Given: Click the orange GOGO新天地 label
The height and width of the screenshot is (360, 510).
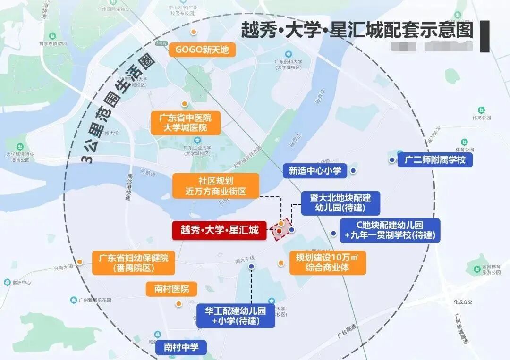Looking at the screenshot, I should (x=202, y=49).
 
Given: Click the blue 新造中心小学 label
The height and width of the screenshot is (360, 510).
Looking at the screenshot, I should (x=315, y=170).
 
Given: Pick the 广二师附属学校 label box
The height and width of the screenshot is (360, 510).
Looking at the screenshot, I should (x=435, y=160).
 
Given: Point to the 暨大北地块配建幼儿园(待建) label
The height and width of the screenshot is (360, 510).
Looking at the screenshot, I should (x=340, y=202).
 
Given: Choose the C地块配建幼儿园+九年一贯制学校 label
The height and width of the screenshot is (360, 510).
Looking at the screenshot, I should (x=390, y=230).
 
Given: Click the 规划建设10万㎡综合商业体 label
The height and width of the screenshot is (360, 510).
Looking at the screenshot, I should (x=327, y=263).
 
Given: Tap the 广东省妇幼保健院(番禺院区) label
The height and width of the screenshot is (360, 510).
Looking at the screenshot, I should (x=134, y=263).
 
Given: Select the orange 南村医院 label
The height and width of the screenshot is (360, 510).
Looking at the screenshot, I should (x=171, y=289).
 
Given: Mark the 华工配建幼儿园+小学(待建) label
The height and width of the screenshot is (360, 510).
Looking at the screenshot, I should (x=235, y=316).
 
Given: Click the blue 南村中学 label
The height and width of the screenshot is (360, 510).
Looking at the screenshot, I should (x=181, y=348).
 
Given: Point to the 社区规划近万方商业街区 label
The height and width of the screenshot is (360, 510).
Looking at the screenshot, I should (x=216, y=186).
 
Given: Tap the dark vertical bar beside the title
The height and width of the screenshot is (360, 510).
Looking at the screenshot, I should (x=484, y=36).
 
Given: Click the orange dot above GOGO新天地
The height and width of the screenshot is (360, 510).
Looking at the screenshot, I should (x=193, y=32).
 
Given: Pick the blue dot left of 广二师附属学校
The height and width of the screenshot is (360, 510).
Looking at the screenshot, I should (x=392, y=160).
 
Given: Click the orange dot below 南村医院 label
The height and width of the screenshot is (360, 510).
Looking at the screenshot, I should (x=178, y=304).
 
